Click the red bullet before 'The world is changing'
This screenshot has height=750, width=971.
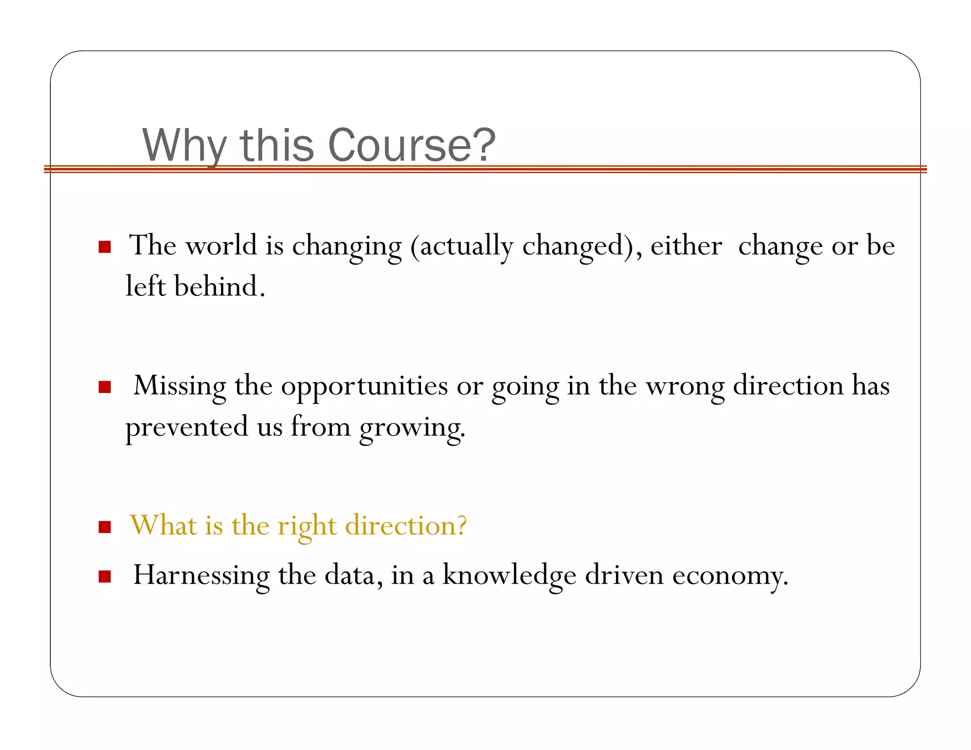tap(105, 247)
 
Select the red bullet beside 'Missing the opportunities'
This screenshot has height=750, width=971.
tap(105, 387)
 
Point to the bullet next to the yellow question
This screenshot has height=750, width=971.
tap(105, 527)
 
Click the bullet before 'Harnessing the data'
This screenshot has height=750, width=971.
tap(105, 576)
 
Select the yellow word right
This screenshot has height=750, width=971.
tap(307, 526)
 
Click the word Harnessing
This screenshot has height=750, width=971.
tap(201, 576)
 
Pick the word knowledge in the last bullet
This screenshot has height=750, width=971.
tap(509, 576)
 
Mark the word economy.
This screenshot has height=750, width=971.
tap(730, 576)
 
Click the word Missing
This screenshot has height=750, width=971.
tap(180, 386)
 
